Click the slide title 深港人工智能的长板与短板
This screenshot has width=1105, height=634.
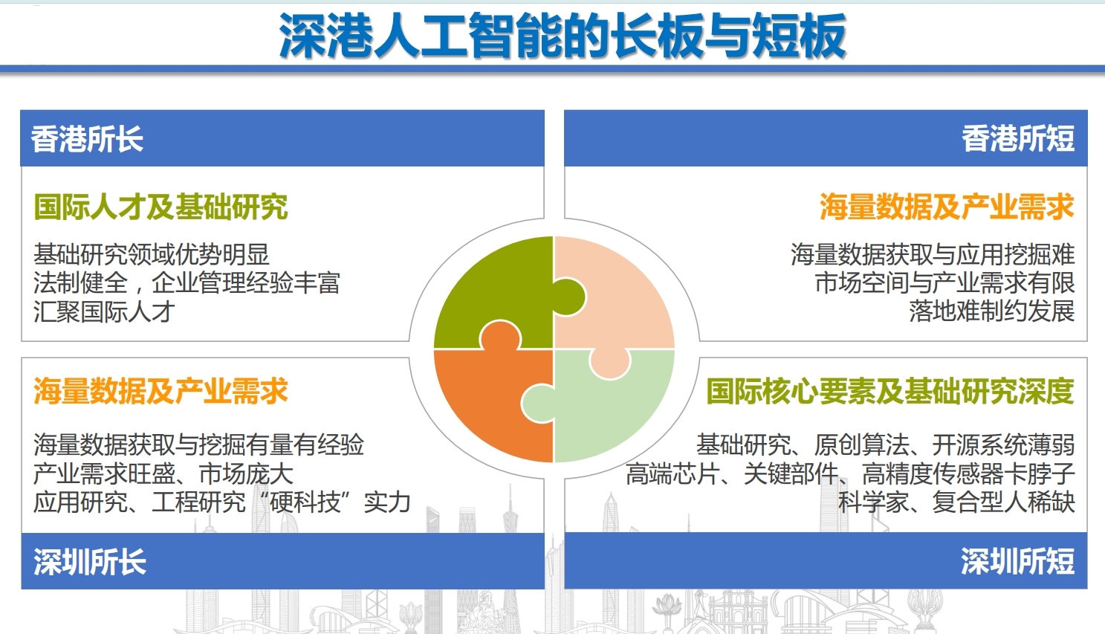coord(563,36)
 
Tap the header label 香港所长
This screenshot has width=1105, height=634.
coord(87,139)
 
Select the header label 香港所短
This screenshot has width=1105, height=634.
coord(1018,139)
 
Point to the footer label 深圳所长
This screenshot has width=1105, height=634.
coord(90,561)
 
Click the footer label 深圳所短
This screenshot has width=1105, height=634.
coord(1017,561)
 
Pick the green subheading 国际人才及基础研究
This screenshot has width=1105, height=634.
coord(161,206)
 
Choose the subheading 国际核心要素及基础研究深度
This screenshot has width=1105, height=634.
coord(890,391)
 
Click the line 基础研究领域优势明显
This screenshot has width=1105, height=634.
coord(152,255)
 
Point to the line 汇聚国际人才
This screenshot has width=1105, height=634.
coord(104,312)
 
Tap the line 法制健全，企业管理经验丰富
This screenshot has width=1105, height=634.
coord(187,283)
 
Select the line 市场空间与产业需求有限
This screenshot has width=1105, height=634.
coord(944,283)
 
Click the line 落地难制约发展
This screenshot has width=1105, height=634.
coord(991,312)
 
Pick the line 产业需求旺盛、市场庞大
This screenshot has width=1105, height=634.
coord(163,473)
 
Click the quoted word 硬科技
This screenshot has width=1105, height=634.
coord(305,502)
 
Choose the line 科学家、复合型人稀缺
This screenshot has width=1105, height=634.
coord(956,502)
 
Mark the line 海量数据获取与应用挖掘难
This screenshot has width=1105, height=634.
coord(933,255)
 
